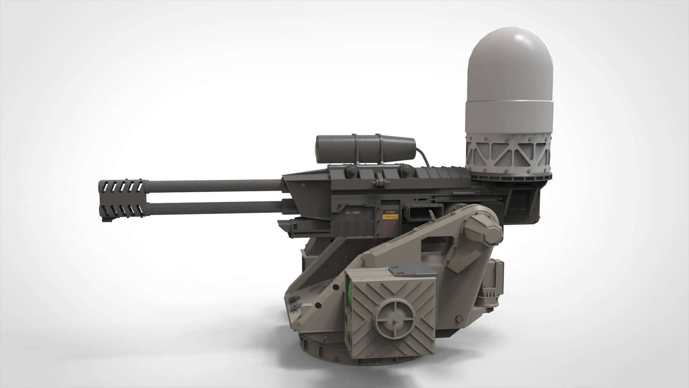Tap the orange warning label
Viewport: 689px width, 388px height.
point(390,217)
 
